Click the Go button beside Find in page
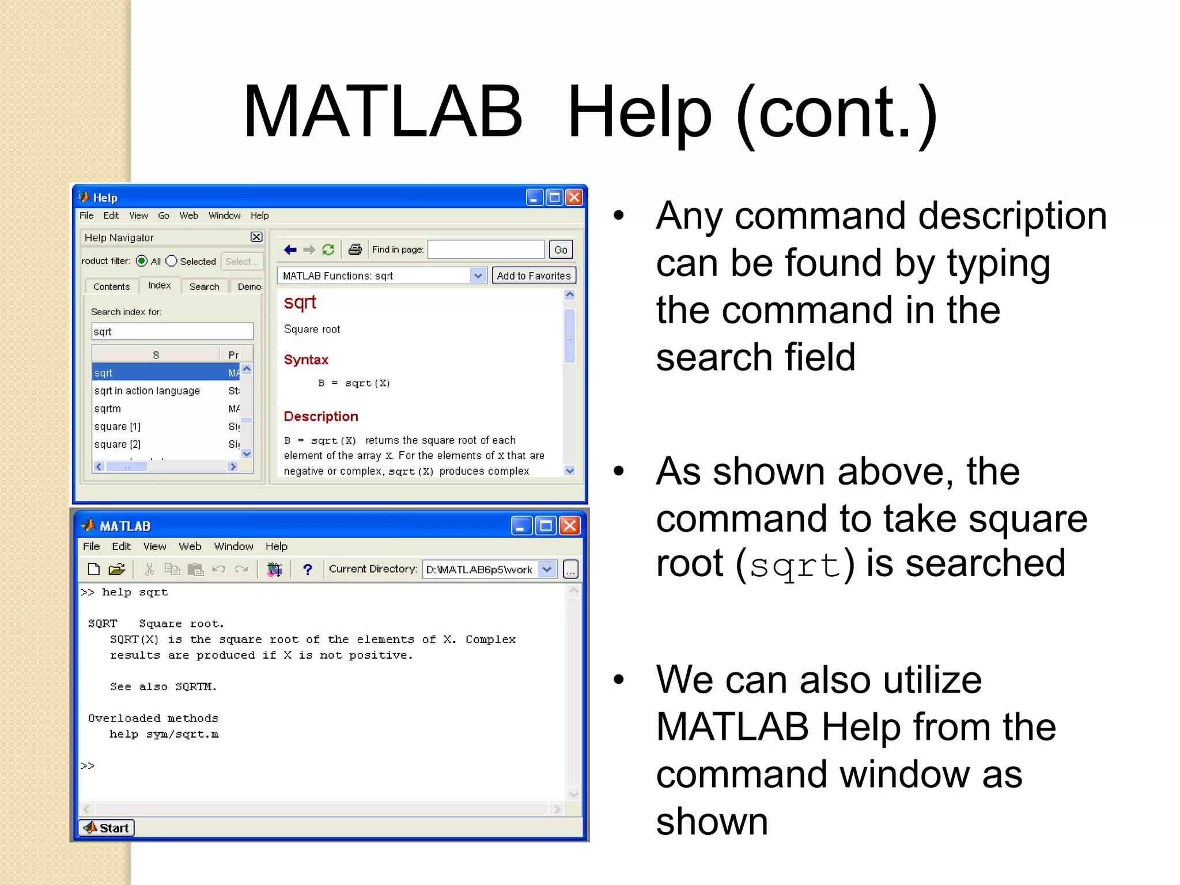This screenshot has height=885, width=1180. coord(561,249)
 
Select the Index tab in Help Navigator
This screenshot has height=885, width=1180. coord(160,285)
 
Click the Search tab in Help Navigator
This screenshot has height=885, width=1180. coord(204,286)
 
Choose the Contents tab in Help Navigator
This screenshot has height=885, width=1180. coord(111,286)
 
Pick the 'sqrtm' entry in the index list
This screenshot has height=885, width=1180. coord(108,409)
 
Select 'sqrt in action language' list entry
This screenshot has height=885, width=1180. coord(147,391)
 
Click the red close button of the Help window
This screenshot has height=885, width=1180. coord(574,198)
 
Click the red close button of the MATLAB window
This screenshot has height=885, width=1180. coord(569,525)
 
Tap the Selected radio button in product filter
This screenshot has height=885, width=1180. coord(171,261)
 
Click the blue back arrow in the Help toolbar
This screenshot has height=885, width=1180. coord(290,249)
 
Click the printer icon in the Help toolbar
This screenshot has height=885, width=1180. coord(355,249)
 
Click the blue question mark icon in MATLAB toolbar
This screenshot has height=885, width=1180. coord(307,569)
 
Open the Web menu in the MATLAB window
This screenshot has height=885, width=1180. coord(190,546)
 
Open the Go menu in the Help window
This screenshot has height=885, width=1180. coord(164,215)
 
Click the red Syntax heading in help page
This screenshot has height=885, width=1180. coord(306,360)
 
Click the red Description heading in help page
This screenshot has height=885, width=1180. coord(321,416)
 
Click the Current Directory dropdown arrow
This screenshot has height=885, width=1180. coord(547,569)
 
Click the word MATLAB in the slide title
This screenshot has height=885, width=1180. coord(383,112)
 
